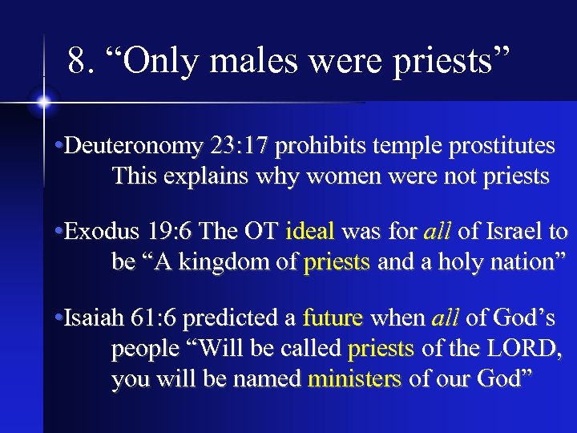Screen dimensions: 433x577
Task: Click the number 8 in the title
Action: click(77, 60)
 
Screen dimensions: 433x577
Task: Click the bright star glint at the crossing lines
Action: click(43, 103)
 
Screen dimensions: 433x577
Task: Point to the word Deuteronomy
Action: click(133, 146)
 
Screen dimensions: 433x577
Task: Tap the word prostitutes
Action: click(502, 146)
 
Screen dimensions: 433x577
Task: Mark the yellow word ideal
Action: click(309, 233)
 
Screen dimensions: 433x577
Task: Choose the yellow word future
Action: click(333, 319)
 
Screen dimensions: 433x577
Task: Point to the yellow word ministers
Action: click(354, 378)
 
